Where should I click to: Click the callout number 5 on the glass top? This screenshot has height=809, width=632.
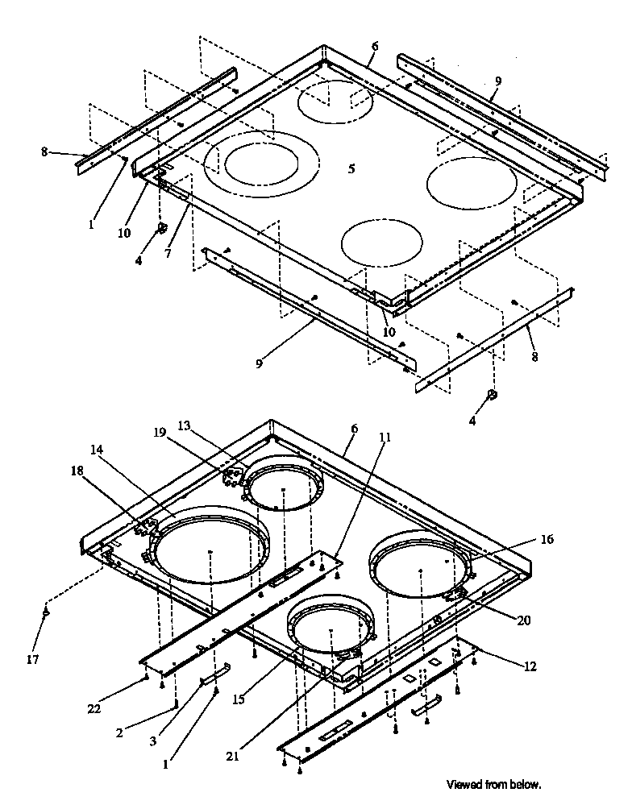[x=351, y=169]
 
